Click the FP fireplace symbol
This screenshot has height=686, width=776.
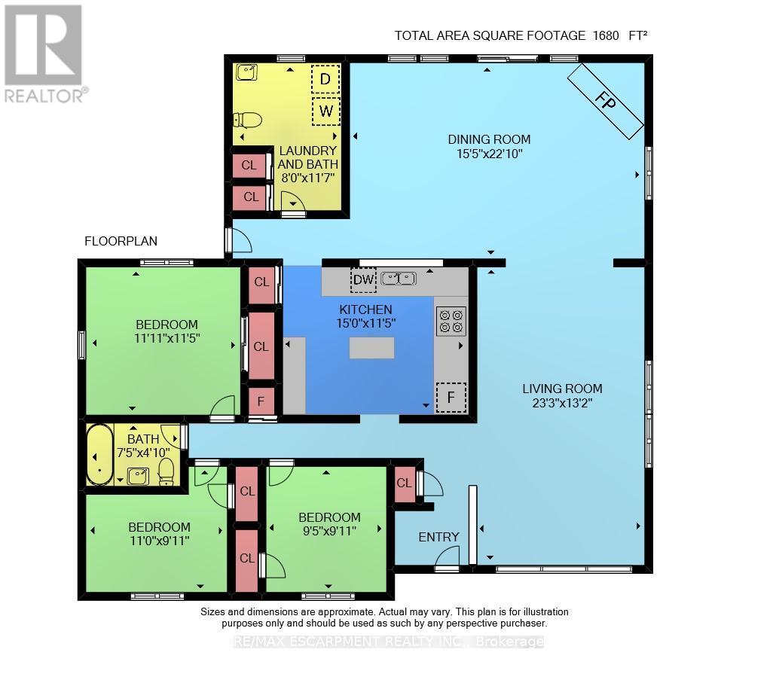tap(605, 102)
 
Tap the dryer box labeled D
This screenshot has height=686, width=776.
tap(325, 78)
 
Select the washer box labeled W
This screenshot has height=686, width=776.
tap(325, 111)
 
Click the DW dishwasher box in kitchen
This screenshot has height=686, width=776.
tap(363, 279)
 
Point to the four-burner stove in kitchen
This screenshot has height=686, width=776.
tap(451, 321)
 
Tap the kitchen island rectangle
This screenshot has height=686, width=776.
tap(371, 348)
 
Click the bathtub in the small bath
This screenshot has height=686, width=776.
tap(100, 454)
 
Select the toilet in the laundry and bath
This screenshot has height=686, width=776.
tap(247, 120)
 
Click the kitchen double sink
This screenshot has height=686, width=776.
tap(399, 279)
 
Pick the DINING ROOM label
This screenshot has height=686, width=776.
tap(489, 139)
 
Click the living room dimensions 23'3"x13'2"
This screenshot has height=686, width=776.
tap(562, 403)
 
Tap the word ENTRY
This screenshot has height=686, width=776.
tap(438, 537)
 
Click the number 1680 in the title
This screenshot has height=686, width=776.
tap(606, 35)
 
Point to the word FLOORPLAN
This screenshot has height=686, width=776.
tap(121, 241)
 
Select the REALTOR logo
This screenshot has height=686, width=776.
tap(44, 53)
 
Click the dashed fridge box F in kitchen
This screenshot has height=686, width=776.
tap(451, 397)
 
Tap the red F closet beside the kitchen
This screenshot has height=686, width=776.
tap(261, 401)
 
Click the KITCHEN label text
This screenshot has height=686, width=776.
tap(365, 309)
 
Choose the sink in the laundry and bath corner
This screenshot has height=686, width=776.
tap(246, 72)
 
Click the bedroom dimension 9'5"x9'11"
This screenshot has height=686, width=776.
tap(329, 531)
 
